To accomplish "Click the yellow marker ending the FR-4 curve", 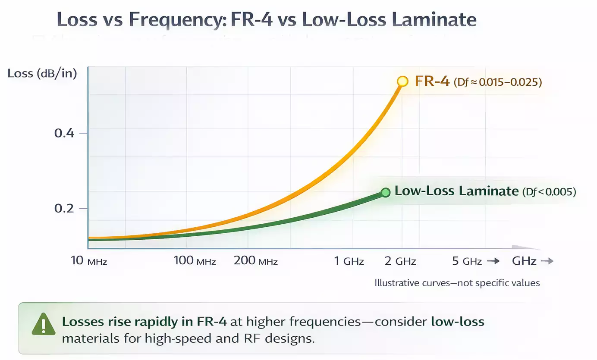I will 402,81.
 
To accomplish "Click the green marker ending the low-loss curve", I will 386,192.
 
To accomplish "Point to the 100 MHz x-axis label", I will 195,261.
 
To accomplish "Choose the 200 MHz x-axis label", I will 255,261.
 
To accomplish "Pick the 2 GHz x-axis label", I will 400,261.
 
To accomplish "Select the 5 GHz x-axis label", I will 466,261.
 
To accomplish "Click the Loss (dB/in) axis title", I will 42,73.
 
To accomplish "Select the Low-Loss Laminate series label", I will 456,191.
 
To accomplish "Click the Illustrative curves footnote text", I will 457,283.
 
